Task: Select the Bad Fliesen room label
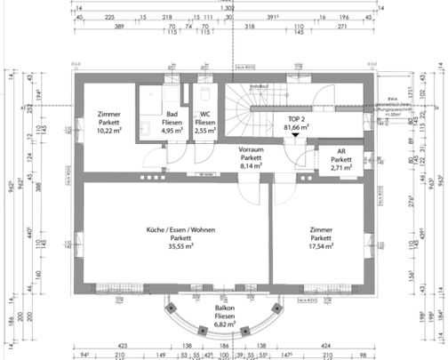coord(173,122)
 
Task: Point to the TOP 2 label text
coord(296,117)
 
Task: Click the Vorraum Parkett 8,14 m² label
coord(253,157)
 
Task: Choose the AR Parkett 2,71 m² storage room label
coord(336,159)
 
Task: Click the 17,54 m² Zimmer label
coord(321,237)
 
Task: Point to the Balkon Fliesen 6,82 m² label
coord(224,316)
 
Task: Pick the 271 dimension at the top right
coord(342,28)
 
